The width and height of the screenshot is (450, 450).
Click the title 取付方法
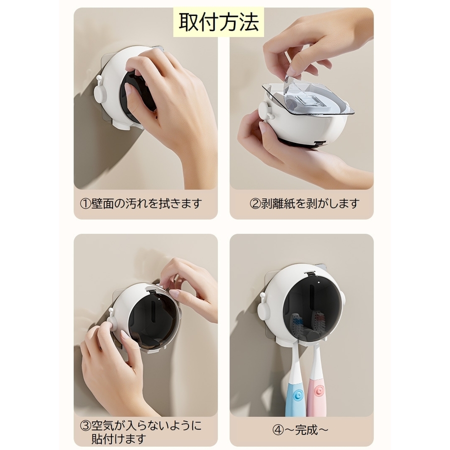tap(218, 22)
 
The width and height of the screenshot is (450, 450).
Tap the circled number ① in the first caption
tap(85, 204)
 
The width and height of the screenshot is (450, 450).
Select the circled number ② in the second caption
tap(255, 204)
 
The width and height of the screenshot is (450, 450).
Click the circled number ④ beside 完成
tap(277, 430)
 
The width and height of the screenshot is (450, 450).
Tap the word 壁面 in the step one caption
tap(102, 204)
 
